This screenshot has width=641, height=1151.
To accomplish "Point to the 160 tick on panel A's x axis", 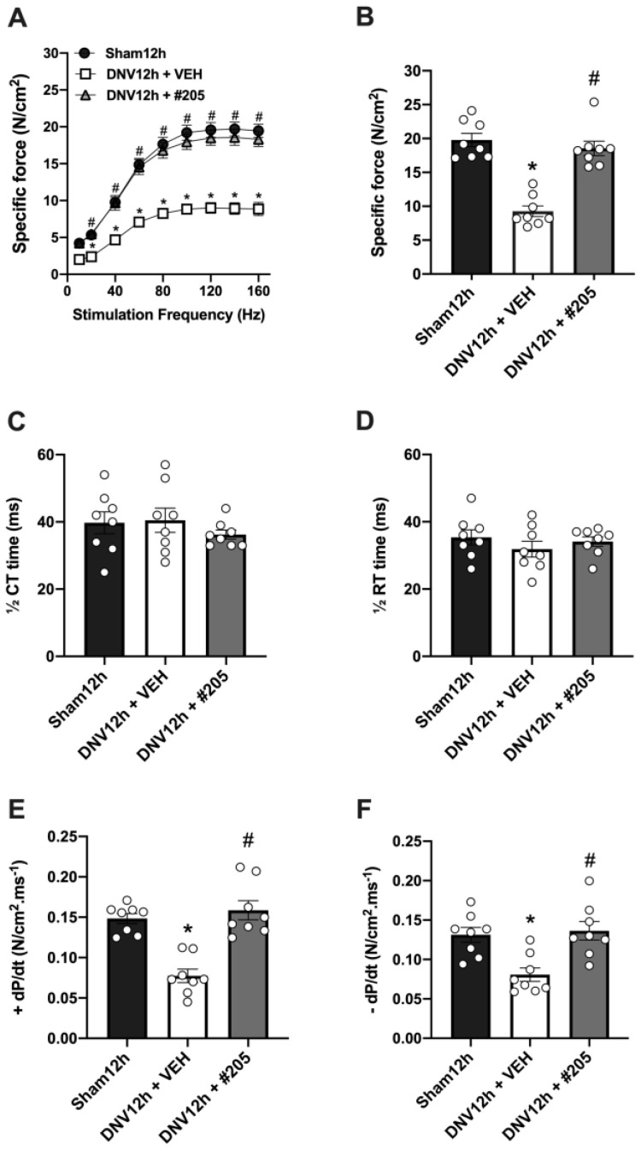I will click(258, 289).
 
